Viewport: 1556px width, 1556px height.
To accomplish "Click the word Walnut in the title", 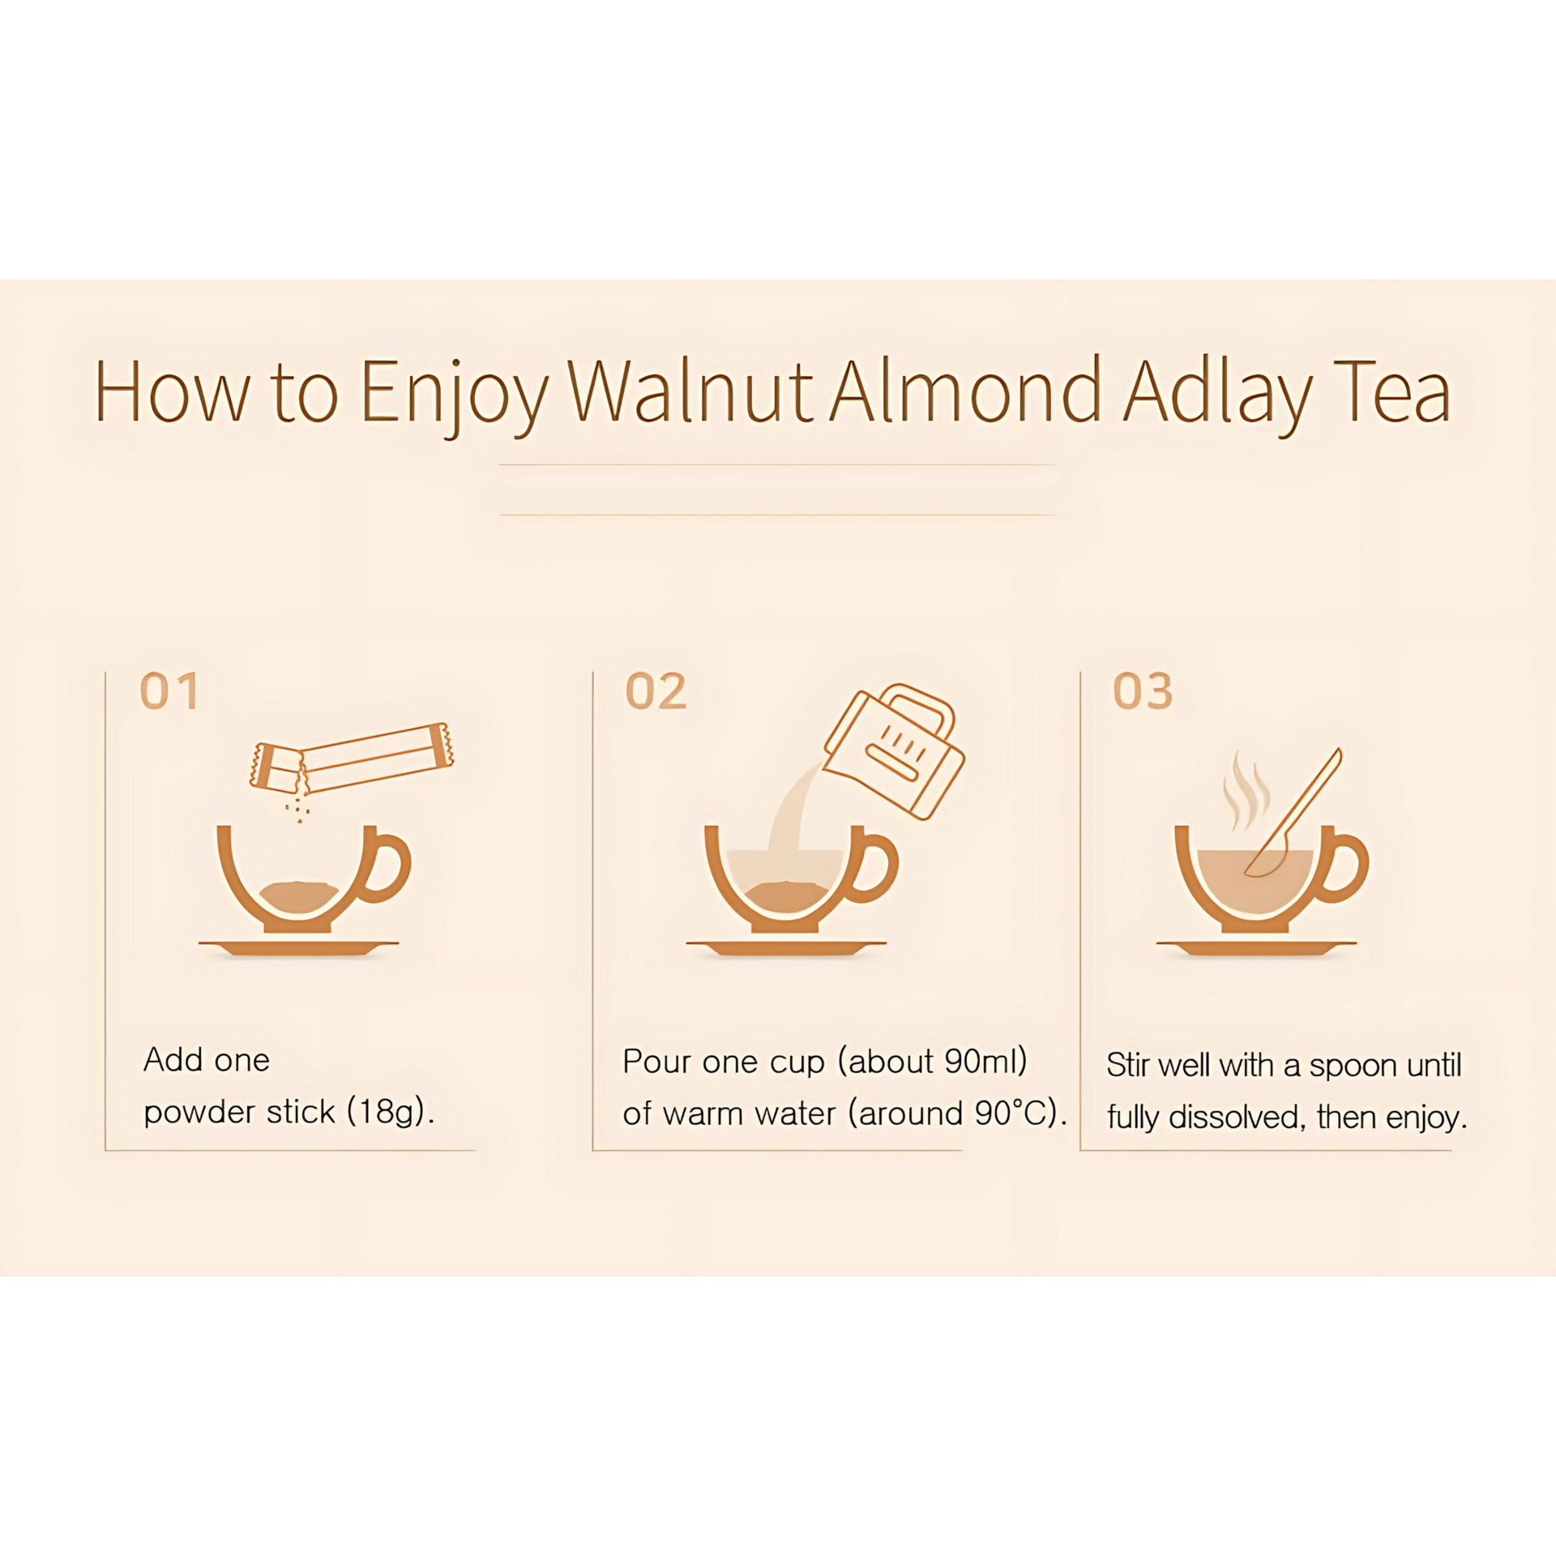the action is pos(690,391).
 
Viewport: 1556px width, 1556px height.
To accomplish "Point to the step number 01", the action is pos(169,691).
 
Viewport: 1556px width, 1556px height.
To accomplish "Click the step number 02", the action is pos(656,691).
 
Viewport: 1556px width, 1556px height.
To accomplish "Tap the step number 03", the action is pos(1143,691).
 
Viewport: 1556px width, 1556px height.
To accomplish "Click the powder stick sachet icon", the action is pos(352,758).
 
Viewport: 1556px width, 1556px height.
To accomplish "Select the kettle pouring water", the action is pos(894,750).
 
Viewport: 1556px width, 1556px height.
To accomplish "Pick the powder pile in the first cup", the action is pos(299,897).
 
